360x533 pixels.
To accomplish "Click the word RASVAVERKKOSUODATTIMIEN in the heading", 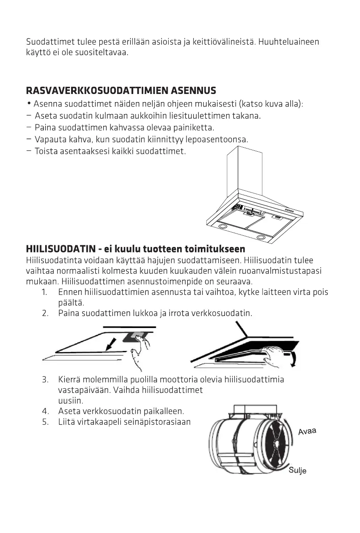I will pos(97,91).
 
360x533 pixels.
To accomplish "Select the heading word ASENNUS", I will pos(194,91).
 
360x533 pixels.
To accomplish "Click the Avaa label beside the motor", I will pos(307,431).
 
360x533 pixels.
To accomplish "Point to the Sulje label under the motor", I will pos(297,470).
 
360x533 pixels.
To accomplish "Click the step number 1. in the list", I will pos(45,292).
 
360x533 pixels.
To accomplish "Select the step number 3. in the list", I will pos(45,380).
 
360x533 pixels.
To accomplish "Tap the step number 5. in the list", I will pos(45,422).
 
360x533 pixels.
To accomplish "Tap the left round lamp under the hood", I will pos(222,226).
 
